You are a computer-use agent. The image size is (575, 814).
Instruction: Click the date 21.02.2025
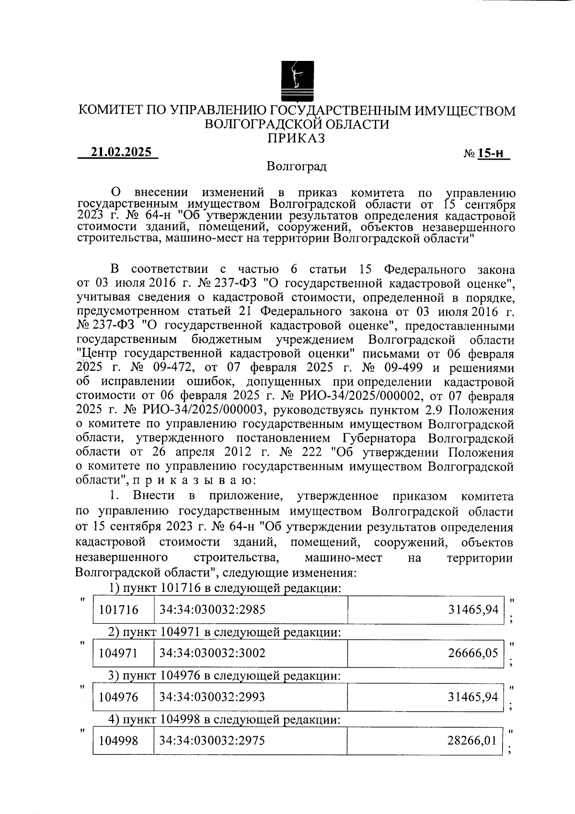(x=121, y=153)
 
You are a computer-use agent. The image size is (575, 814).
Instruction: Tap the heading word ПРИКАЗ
(x=297, y=139)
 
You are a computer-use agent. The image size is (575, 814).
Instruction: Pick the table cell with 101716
(x=118, y=610)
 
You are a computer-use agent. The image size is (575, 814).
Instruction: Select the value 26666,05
(x=473, y=653)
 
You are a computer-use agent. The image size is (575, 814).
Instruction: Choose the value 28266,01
(x=472, y=741)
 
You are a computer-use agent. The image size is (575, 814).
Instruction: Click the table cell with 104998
(x=118, y=741)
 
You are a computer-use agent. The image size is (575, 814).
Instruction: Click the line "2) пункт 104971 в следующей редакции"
(x=224, y=633)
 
